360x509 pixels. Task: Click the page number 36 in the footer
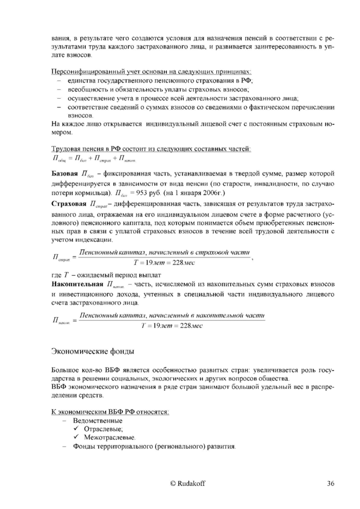[x=331, y=483]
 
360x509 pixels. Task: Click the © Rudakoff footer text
[x=187, y=483]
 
